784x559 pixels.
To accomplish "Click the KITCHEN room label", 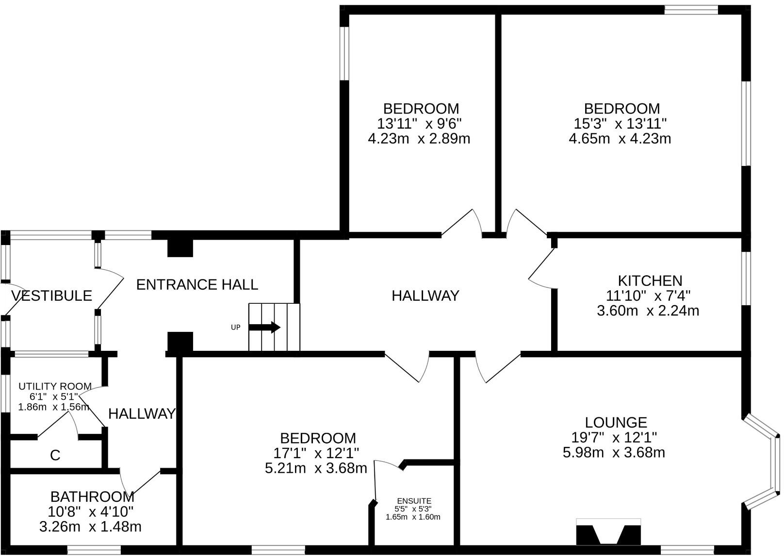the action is [650, 281].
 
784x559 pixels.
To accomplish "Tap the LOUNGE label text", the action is [616, 423].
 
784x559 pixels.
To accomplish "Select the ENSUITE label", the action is [414, 501].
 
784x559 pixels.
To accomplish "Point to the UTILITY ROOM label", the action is [55, 386].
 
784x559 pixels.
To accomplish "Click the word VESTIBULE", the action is [51, 296].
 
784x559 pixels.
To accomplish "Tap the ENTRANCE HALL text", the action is [197, 284].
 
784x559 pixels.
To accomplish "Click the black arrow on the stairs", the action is [264, 327].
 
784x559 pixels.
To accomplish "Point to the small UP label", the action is [236, 327].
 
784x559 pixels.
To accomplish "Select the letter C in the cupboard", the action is [55, 455].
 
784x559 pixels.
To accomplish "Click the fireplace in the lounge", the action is [608, 532].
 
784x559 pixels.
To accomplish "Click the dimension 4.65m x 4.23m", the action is [620, 139].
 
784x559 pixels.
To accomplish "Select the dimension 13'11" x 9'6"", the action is [419, 124].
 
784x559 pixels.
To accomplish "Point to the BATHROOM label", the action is [92, 497].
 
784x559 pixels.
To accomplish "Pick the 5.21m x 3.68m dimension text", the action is [316, 468].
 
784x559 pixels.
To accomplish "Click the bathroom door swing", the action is [140, 483].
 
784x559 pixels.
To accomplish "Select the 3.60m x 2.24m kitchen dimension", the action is [648, 311].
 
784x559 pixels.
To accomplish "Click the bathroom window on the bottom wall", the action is [94, 551].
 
